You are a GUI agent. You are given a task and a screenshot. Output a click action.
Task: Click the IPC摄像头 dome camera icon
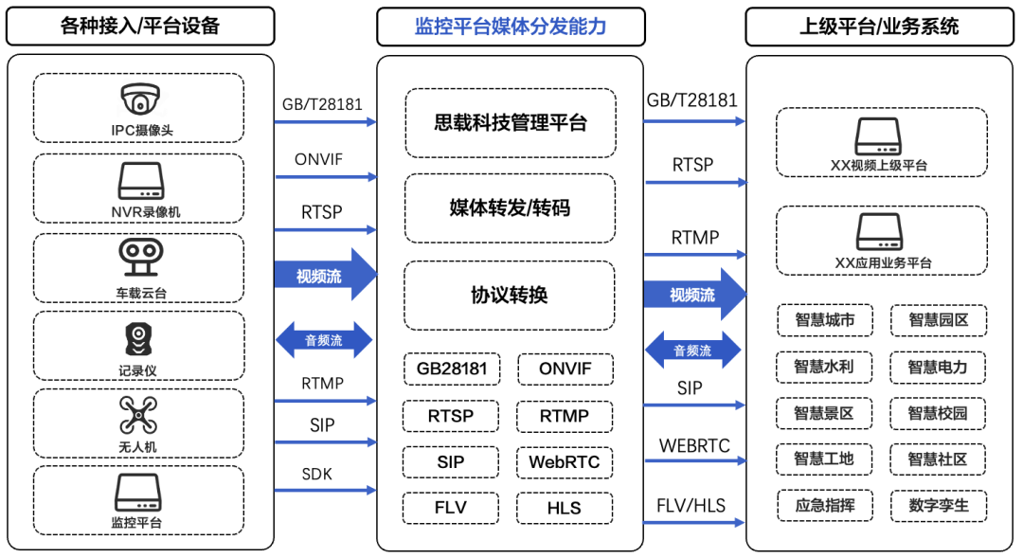point(139,99)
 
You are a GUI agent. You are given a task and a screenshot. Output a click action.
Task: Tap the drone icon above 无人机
point(139,416)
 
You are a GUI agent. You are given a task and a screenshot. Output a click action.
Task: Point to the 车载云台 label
point(139,292)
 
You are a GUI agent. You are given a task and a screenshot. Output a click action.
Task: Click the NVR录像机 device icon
point(139,180)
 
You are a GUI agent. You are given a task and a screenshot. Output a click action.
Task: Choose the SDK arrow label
point(316,473)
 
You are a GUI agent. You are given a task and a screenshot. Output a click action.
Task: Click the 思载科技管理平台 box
point(510,122)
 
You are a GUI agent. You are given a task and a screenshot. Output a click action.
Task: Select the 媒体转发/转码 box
point(510,207)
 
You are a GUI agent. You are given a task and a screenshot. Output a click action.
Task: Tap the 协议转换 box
point(510,295)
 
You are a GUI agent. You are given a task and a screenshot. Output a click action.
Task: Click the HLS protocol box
point(565,508)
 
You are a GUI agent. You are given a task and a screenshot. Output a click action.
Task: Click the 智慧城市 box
point(824,320)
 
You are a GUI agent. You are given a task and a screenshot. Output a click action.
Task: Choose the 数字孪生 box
point(939,505)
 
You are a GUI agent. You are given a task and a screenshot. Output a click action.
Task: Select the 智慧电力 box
point(939,367)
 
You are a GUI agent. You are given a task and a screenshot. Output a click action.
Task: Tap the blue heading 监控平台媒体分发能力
point(510,27)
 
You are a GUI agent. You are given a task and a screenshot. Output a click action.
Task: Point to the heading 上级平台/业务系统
point(879,27)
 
